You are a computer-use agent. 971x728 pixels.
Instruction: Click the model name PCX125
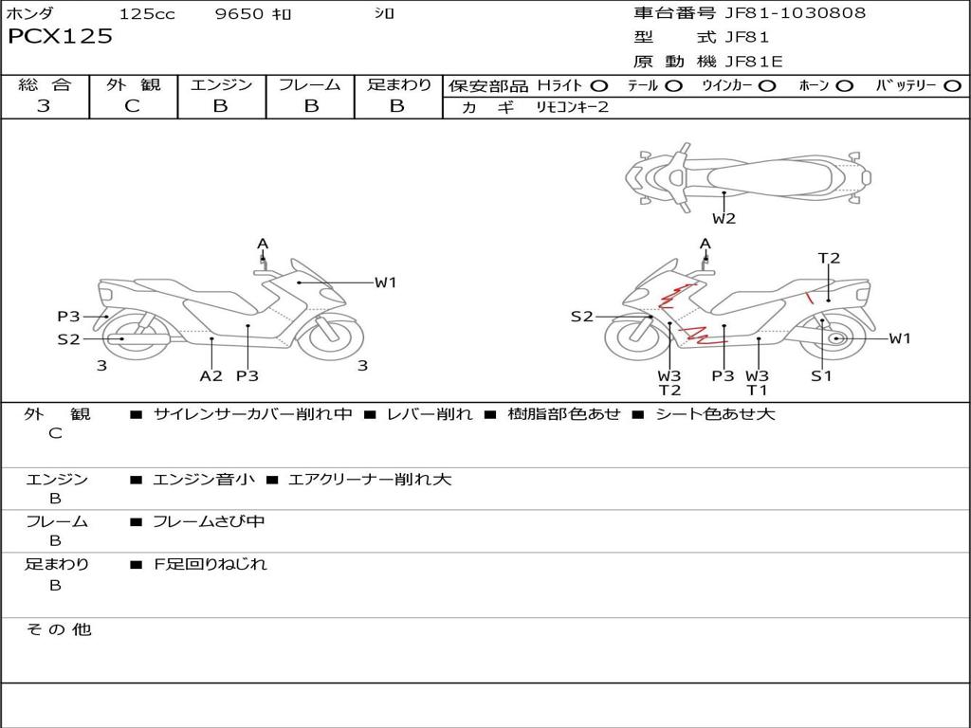coord(60,36)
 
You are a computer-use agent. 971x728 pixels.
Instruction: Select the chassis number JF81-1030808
coord(796,13)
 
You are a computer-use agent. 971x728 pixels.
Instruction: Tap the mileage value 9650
coord(239,13)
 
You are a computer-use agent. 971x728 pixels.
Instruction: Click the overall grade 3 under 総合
coord(44,105)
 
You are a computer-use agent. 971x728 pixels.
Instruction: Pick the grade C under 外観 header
coord(132,105)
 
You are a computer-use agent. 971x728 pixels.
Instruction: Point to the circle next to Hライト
coord(599,86)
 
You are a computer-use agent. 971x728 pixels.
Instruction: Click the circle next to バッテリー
coord(952,86)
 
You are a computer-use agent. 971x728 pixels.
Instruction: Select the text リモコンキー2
coord(572,107)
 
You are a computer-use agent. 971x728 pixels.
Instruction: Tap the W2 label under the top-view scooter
coord(724,218)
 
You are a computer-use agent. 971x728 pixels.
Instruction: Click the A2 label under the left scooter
coord(211,375)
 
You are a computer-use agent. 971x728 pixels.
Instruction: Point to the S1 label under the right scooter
coord(821,375)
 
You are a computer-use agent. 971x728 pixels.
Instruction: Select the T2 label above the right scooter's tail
coord(829,258)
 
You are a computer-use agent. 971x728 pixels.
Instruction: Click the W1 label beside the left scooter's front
coord(385,282)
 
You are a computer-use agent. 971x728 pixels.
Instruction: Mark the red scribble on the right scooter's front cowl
coord(675,296)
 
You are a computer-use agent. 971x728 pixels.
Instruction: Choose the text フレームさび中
coord(209,522)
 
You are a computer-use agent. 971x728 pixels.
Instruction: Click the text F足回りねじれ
coord(210,564)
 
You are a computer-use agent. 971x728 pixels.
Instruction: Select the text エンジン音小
coord(204,479)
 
